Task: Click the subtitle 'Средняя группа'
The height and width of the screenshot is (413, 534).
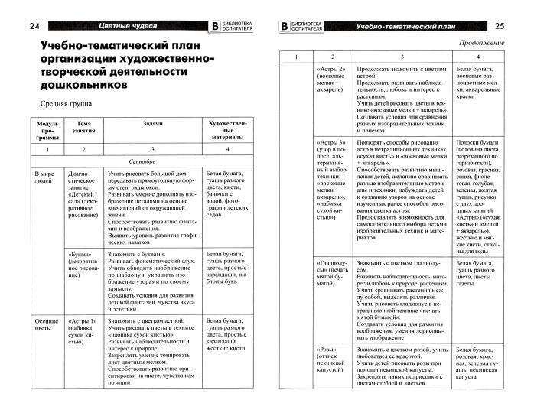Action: (x=63, y=103)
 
